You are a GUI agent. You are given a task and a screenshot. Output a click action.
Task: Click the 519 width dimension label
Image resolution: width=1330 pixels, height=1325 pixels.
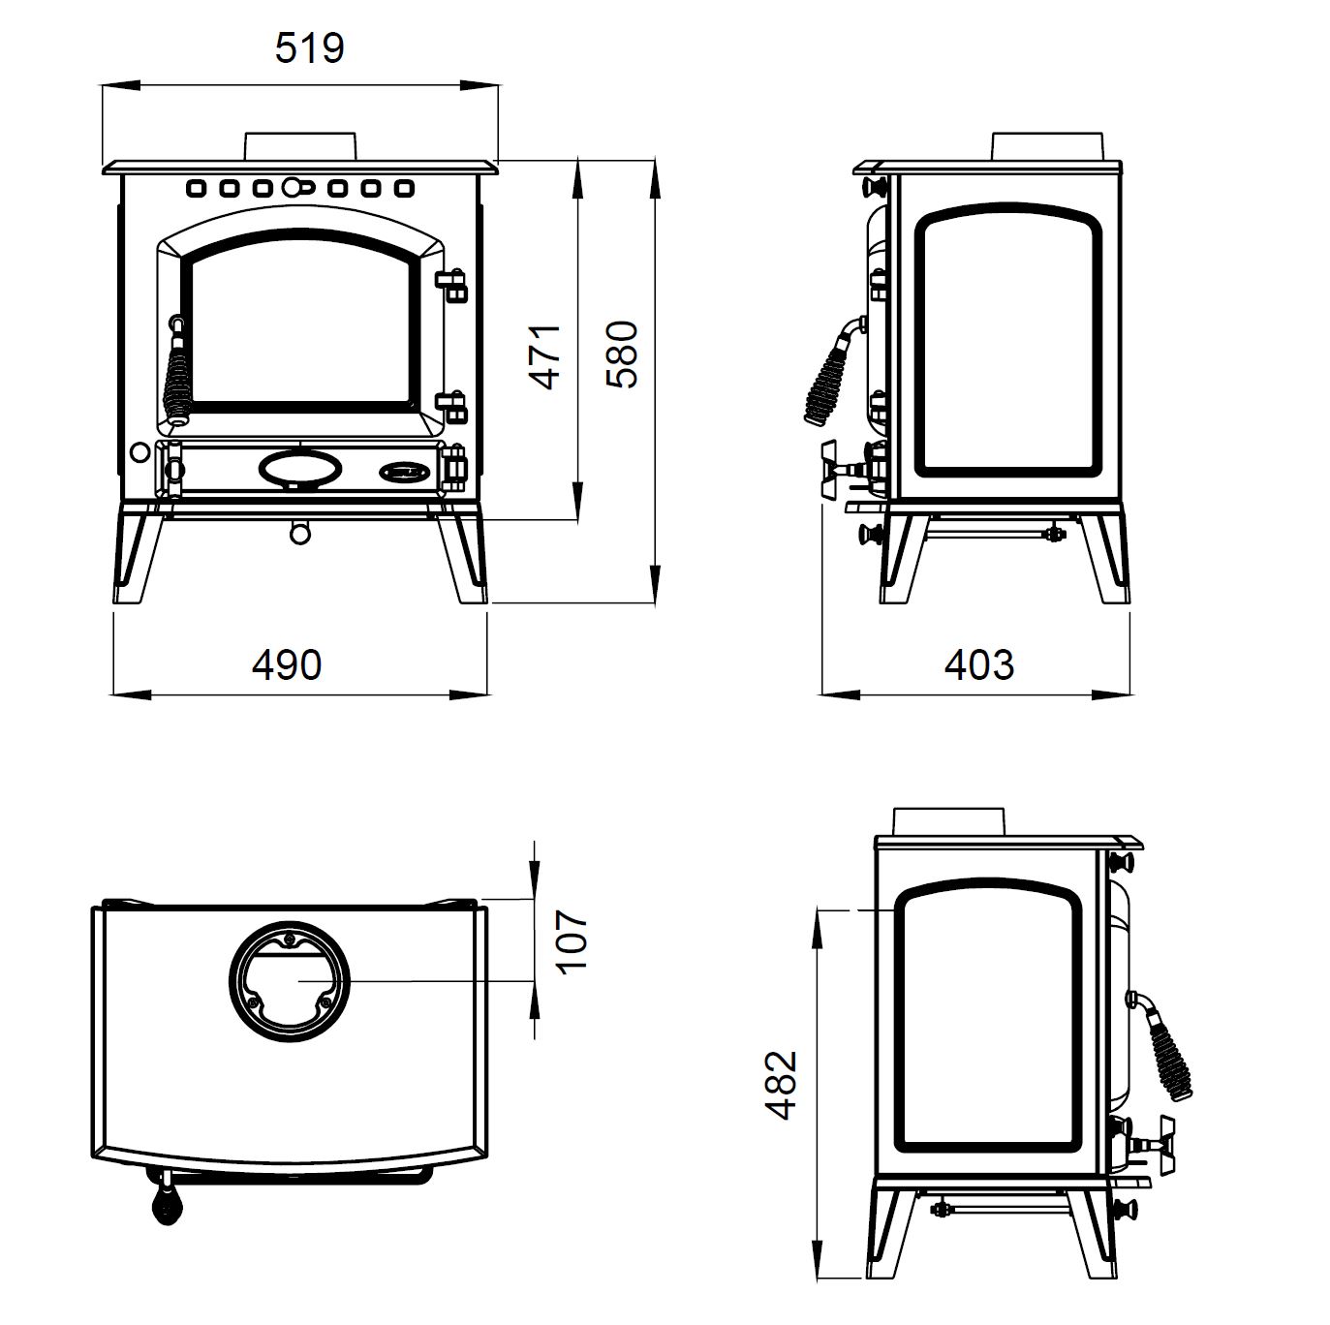(309, 48)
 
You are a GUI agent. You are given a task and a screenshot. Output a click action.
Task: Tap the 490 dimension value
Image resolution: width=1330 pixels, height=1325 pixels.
(287, 665)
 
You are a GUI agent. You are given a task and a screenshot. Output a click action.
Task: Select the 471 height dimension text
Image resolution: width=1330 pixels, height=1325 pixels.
(544, 356)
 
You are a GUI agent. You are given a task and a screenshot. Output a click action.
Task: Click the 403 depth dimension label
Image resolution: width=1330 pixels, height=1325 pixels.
(978, 665)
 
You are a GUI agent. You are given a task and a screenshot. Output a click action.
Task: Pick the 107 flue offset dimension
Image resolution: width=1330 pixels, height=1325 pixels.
(572, 942)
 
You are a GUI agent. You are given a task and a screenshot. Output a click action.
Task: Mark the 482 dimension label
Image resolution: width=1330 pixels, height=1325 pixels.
(781, 1085)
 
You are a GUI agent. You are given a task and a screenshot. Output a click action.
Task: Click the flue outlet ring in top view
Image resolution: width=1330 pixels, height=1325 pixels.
(290, 981)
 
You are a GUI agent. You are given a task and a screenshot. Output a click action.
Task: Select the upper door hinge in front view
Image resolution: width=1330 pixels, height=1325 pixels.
(451, 285)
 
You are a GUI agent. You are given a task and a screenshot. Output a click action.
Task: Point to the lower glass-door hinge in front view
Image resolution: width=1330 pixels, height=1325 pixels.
(451, 407)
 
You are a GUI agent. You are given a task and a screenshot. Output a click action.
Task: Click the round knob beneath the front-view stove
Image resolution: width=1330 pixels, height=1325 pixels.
(299, 534)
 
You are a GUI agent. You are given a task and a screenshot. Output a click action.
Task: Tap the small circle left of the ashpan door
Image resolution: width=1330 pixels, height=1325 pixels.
(139, 452)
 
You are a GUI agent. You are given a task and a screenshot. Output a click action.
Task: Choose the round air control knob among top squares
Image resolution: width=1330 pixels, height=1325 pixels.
(293, 186)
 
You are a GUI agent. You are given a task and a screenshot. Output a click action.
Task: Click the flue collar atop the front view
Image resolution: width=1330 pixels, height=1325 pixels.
(300, 146)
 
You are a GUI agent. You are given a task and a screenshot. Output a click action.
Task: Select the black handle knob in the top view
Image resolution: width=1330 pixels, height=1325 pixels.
(167, 1204)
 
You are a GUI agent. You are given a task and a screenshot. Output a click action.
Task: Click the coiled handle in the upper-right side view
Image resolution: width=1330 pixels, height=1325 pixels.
(831, 372)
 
